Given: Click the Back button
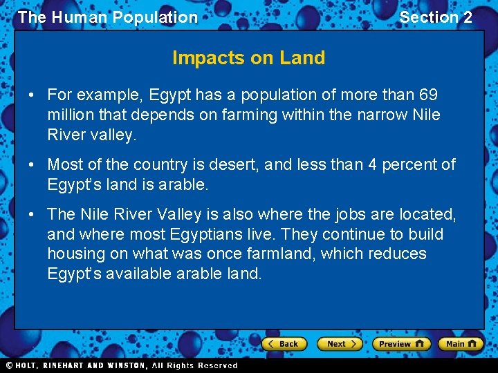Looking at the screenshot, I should point(284,343).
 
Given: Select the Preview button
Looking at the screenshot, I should point(401,343).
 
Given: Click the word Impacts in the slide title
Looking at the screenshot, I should point(200,58).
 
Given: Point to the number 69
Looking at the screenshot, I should point(428,95).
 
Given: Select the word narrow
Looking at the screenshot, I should point(380,115).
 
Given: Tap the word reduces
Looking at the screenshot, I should point(397,254).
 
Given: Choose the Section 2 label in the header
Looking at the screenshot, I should point(436,17).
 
